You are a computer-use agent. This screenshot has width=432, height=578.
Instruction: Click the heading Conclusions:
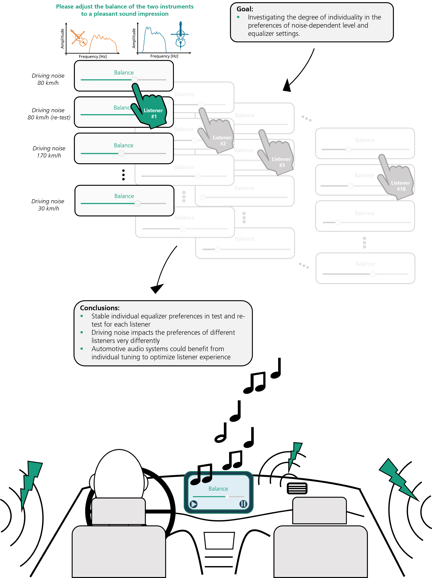pyautogui.click(x=100, y=308)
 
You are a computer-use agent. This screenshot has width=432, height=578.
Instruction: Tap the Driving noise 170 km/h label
pyautogui.click(x=49, y=152)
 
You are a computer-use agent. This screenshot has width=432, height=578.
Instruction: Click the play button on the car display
pyautogui.click(x=193, y=504)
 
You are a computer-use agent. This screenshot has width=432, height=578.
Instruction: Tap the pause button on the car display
pyautogui.click(x=243, y=504)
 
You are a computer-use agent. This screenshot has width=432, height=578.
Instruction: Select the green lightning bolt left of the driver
pyautogui.click(x=30, y=483)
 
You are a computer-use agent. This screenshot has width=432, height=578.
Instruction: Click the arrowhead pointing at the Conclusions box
pyautogui.click(x=157, y=289)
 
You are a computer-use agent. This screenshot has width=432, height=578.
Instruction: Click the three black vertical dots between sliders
pyautogui.click(x=123, y=175)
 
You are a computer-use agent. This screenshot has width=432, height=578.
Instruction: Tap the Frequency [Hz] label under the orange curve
pyautogui.click(x=93, y=56)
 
